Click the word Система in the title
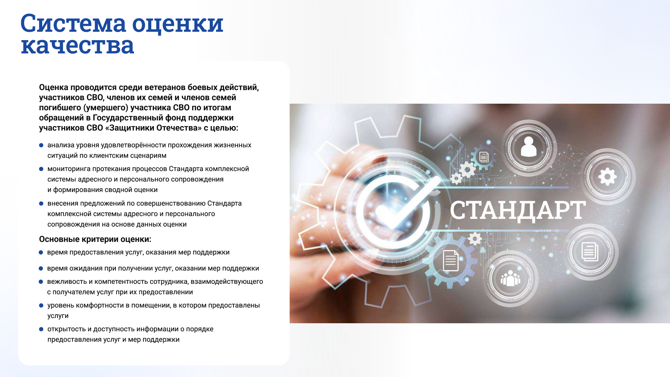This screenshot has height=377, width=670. (x=73, y=23)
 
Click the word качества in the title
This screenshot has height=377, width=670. (x=77, y=45)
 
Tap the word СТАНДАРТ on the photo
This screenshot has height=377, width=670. (x=518, y=210)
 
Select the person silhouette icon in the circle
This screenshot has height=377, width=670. (x=528, y=147)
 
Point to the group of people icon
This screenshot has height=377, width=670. (x=510, y=278)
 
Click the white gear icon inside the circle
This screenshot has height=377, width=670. (x=607, y=177)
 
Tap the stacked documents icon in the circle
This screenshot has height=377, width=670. (x=590, y=251)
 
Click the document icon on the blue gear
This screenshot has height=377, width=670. (x=451, y=260)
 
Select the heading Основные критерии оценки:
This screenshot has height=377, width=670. (x=95, y=239)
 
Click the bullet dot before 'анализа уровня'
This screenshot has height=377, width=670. (x=41, y=145)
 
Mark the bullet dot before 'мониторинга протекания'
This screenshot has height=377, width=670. (x=41, y=169)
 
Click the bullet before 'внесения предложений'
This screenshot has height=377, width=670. (x=41, y=204)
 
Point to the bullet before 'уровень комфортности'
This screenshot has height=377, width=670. (x=41, y=305)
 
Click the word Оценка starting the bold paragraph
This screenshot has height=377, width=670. (x=53, y=87)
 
